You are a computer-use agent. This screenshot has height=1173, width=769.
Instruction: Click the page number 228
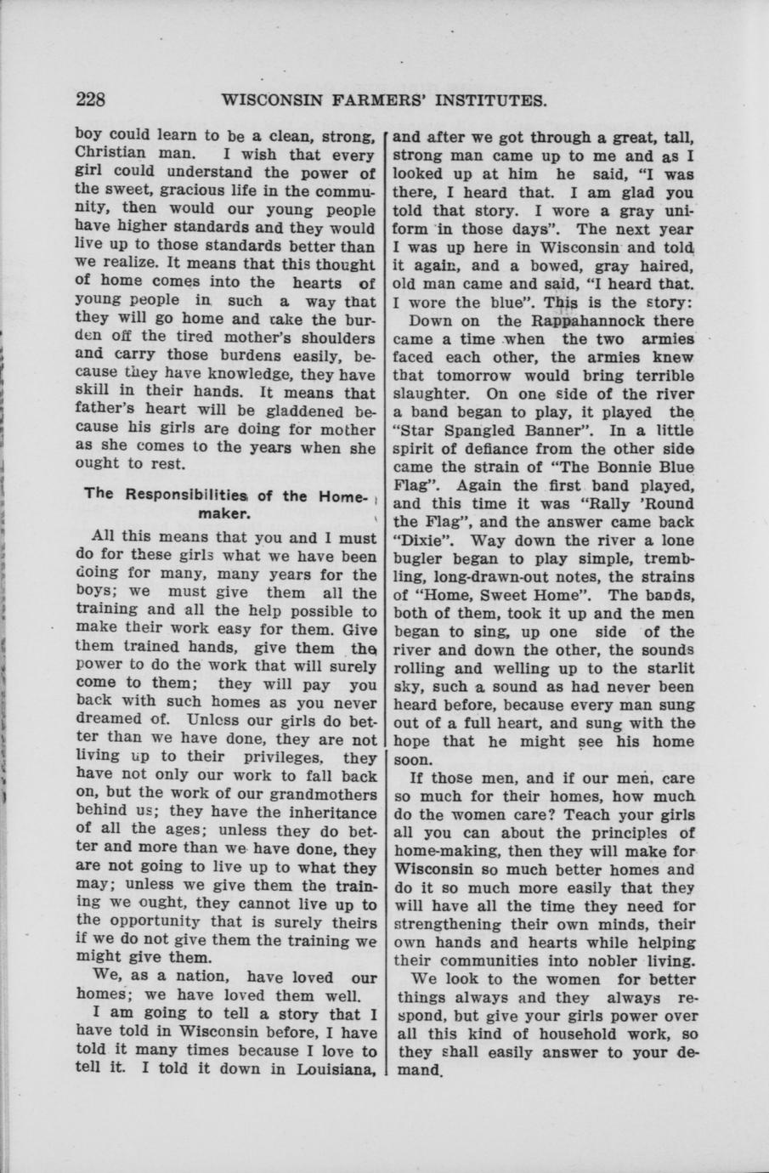(x=90, y=100)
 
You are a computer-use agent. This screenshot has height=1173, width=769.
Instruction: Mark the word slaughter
(x=432, y=394)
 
